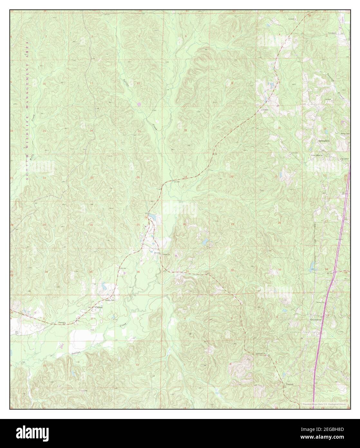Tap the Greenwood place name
click(316, 320)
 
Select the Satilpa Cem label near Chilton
click(109, 300)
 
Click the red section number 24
click(138, 178)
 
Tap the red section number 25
click(138, 225)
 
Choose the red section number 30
click(185, 224)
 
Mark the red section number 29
click(232, 224)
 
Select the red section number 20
click(232, 177)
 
